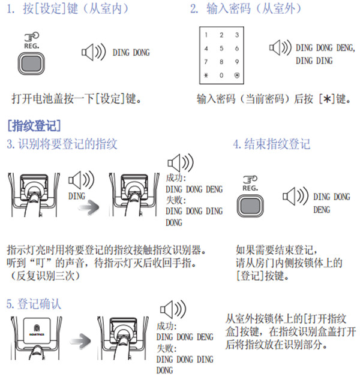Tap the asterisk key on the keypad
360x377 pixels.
[206, 75]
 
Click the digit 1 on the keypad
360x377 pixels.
[206, 35]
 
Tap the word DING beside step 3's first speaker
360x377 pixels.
[77, 195]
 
